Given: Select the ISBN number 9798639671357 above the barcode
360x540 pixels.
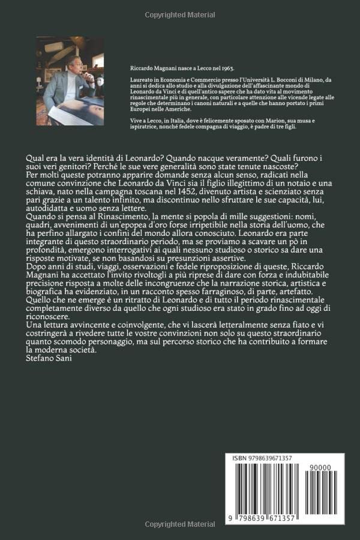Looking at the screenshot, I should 272,458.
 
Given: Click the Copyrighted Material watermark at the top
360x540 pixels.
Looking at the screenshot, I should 180,15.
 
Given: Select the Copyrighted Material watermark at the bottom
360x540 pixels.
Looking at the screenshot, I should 180,524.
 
